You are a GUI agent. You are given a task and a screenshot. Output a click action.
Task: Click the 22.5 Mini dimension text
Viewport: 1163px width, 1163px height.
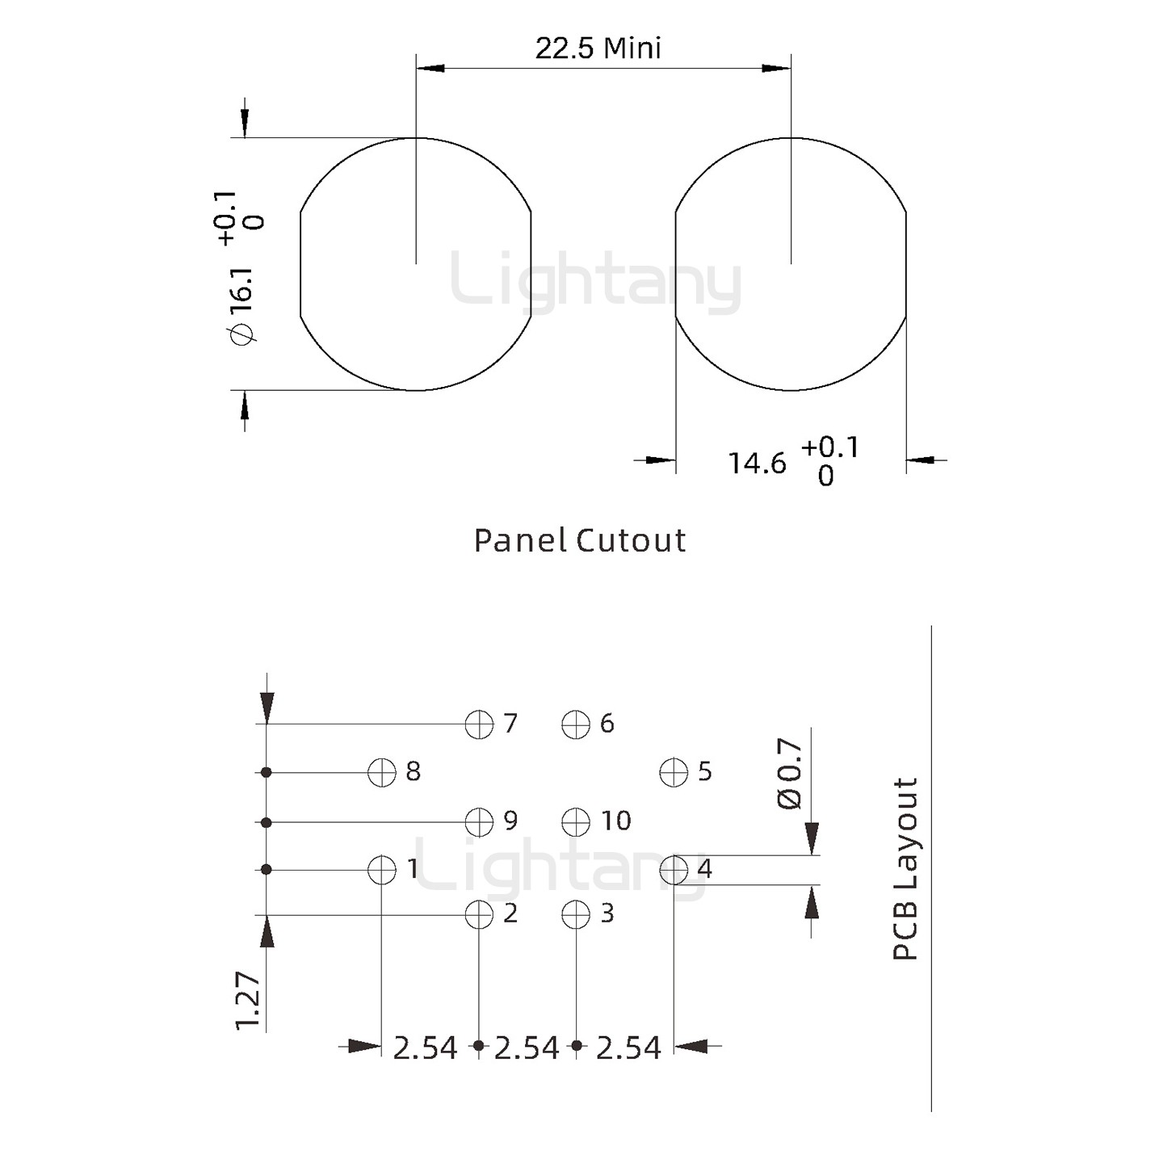(x=598, y=49)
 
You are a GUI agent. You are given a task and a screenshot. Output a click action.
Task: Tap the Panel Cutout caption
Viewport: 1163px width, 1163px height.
(x=579, y=540)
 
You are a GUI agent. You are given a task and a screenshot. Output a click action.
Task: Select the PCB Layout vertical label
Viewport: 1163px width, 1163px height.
(x=906, y=869)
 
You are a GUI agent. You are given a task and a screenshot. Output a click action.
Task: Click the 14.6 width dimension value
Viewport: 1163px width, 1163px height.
(x=757, y=464)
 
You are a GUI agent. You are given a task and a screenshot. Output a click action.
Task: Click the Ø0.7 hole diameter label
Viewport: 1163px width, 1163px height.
(x=790, y=773)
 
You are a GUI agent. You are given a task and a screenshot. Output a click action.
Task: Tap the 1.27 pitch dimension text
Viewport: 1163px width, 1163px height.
(x=249, y=1001)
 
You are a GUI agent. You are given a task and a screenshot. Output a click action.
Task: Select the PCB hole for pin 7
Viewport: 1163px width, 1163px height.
(x=479, y=724)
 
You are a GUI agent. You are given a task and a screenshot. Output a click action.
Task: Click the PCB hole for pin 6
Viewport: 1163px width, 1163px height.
(x=576, y=724)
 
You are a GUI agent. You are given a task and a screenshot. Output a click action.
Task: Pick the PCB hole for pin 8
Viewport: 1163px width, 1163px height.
(x=382, y=773)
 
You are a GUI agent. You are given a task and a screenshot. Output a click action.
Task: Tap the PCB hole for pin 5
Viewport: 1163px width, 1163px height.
(x=674, y=773)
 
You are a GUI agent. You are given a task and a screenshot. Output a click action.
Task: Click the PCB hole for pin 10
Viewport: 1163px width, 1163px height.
(x=576, y=822)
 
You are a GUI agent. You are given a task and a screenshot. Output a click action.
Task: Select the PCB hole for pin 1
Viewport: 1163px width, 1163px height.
(x=382, y=871)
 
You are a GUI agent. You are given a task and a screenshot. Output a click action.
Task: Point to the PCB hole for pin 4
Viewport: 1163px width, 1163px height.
(x=674, y=871)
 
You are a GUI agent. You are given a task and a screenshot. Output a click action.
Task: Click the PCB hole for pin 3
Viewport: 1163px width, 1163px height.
(x=576, y=915)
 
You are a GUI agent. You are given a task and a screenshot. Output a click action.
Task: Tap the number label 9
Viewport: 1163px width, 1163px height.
(x=510, y=821)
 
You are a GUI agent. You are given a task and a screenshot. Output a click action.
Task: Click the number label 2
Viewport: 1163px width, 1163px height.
(x=510, y=913)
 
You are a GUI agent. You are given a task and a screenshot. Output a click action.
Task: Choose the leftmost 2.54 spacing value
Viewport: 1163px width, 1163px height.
(x=425, y=1048)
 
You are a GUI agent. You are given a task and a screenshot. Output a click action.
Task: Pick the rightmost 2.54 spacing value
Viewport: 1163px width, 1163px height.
(x=628, y=1048)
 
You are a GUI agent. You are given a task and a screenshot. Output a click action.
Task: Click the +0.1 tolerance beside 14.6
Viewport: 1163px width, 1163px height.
(x=830, y=447)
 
